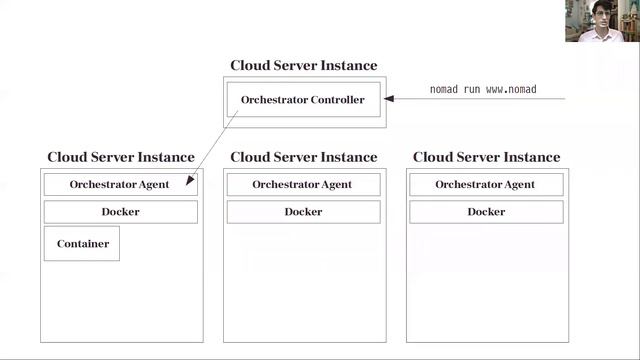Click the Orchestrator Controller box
[x=303, y=100]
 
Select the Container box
[x=82, y=243]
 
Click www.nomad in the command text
[x=512, y=90]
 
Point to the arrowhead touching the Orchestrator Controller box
[x=390, y=99]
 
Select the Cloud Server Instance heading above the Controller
[x=303, y=66]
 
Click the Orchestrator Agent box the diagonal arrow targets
[x=119, y=184]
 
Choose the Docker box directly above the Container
[x=120, y=212]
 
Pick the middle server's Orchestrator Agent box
[x=302, y=184]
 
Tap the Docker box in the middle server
[x=303, y=212]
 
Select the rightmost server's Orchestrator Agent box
[x=485, y=184]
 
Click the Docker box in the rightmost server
[x=485, y=212]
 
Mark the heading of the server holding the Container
[x=120, y=157]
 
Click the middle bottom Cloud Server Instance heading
[x=303, y=157]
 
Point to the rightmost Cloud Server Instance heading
[x=486, y=157]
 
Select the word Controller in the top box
[x=336, y=100]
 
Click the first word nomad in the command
[x=443, y=90]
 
